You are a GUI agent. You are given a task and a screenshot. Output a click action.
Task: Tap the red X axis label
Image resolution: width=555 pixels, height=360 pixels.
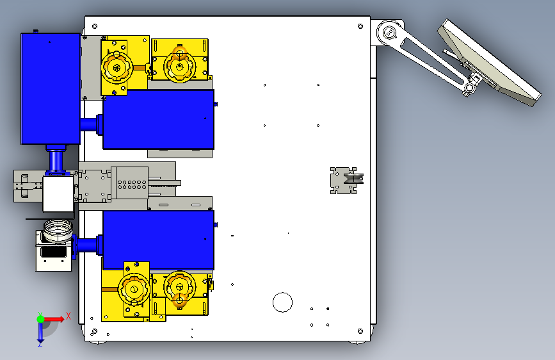tap(68, 316)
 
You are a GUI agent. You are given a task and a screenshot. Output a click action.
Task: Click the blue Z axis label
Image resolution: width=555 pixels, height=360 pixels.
tap(40, 344)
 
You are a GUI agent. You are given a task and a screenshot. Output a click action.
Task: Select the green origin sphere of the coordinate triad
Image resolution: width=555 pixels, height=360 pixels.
tap(41, 319)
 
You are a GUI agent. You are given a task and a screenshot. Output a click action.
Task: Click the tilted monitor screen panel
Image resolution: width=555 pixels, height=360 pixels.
tap(490, 63)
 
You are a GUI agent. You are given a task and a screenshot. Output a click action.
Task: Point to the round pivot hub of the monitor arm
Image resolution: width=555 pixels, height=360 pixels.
tap(389, 33)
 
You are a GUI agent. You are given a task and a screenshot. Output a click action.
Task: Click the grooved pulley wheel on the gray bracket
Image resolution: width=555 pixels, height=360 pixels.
tap(353, 179)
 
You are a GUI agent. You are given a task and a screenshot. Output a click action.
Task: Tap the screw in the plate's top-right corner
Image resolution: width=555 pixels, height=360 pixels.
tap(360, 26)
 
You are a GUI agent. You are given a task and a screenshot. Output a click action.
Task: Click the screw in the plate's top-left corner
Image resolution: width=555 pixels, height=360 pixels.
tap(95, 26)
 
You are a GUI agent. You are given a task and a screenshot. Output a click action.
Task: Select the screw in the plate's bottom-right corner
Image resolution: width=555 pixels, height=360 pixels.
tap(360, 331)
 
